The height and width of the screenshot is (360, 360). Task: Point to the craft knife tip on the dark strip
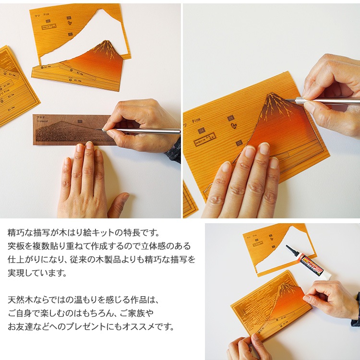coord(101,130)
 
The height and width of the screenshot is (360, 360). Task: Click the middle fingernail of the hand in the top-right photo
coord(250,153)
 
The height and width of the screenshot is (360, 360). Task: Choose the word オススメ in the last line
coord(151,327)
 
